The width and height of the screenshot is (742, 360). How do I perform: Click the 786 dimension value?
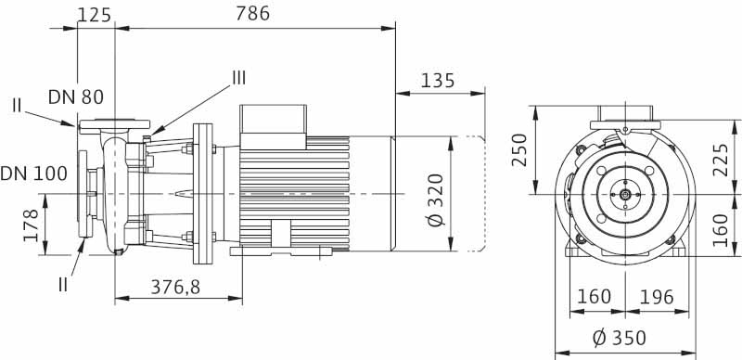click(x=252, y=13)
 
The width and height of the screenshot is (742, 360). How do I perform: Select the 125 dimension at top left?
click(x=95, y=15)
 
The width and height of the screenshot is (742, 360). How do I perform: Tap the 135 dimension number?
click(x=438, y=81)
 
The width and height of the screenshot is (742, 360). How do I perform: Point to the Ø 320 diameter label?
click(x=437, y=199)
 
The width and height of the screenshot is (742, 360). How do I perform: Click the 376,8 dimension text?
click(x=175, y=287)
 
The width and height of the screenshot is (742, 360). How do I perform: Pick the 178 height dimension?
click(x=31, y=225)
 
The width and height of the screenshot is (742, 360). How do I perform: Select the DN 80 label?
click(x=76, y=97)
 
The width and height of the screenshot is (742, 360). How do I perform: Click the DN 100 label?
click(x=33, y=174)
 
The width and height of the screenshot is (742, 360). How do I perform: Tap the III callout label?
click(x=239, y=78)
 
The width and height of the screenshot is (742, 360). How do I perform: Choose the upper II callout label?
click(x=17, y=105)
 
